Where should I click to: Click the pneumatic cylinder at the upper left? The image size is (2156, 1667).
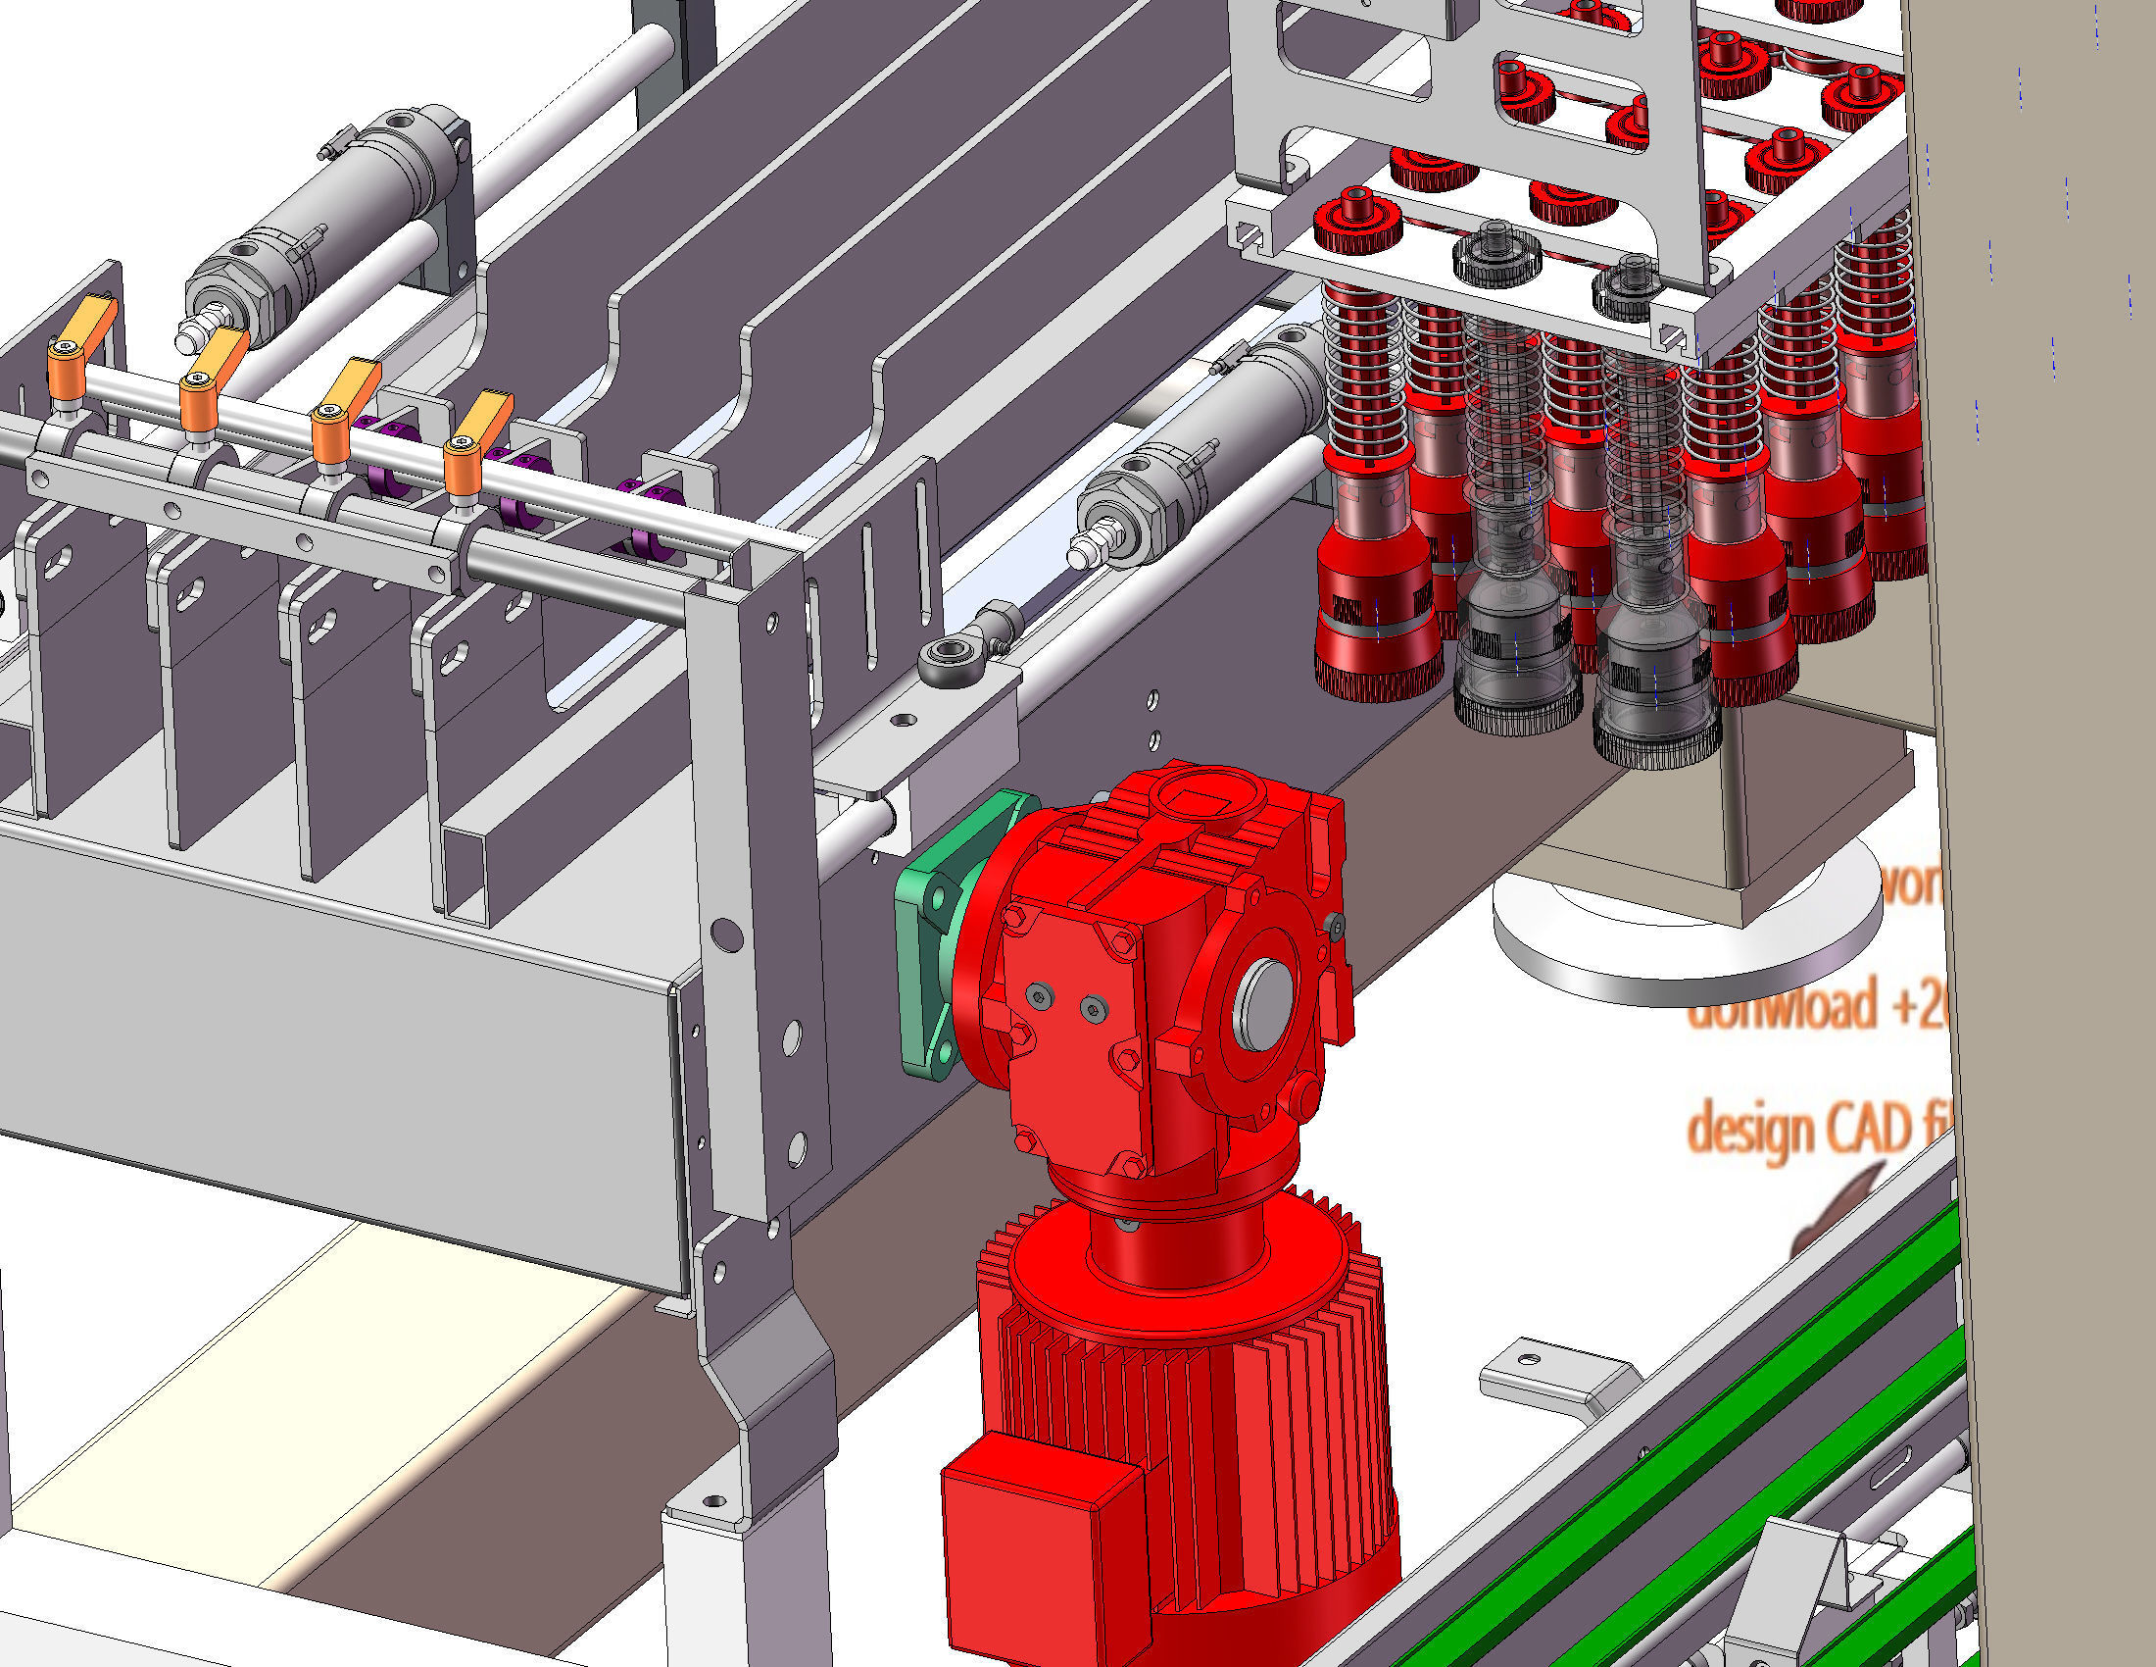pyautogui.click(x=316, y=227)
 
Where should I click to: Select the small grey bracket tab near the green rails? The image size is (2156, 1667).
pyautogui.click(x=1550, y=1378)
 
